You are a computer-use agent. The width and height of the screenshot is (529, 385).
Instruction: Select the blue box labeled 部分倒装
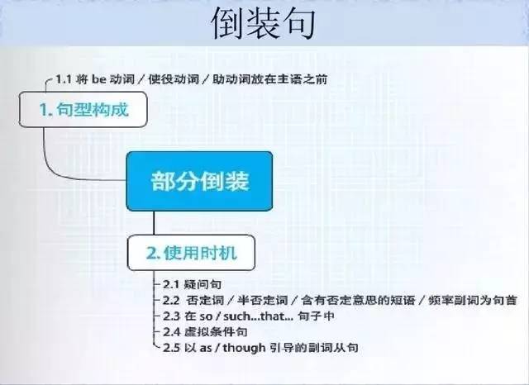pyautogui.click(x=199, y=180)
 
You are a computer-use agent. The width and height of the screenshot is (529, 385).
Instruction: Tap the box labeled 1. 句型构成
pyautogui.click(x=83, y=108)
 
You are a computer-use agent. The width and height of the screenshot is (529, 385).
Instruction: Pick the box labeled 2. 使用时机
pyautogui.click(x=190, y=252)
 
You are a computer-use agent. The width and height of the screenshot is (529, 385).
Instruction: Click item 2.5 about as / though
pyautogui.click(x=257, y=348)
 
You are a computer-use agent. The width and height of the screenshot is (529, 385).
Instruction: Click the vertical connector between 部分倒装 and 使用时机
pyautogui.click(x=155, y=223)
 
